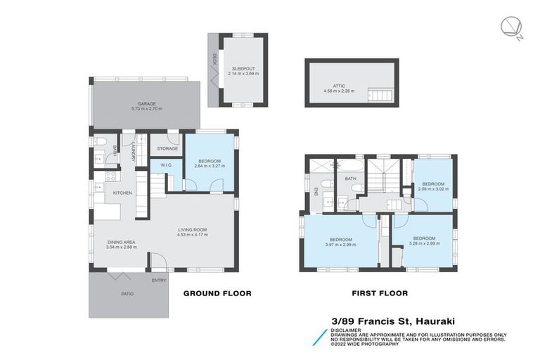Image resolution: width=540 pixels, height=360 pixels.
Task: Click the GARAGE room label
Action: coord(147,104)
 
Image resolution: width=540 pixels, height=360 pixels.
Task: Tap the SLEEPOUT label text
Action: coord(243,68)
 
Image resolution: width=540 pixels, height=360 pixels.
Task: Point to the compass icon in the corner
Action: coord(510,27)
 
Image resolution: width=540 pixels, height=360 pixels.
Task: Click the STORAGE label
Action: coord(167,148)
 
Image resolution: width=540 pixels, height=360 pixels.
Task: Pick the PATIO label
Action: coord(127,294)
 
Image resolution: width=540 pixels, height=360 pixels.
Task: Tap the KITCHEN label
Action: coord(123,193)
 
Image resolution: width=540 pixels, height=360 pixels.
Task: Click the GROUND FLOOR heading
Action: coord(217,293)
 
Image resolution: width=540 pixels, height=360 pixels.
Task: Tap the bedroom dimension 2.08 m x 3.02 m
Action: coord(432,188)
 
